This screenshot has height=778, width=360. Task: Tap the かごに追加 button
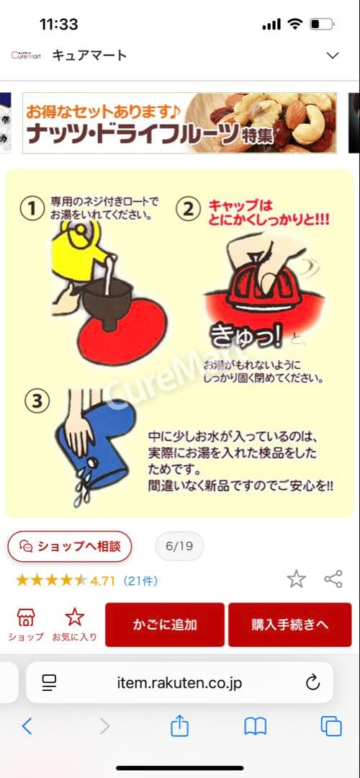pos(164,625)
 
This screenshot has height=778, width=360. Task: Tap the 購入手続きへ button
pos(290,625)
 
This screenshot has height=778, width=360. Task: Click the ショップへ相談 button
pos(70,546)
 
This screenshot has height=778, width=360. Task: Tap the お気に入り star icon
pos(74,617)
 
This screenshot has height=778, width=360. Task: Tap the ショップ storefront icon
pos(26,617)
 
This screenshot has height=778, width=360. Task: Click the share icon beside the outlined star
pos(333,578)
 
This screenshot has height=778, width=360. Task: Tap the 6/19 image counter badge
pos(179,546)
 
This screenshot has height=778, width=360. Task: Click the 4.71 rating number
pos(103,580)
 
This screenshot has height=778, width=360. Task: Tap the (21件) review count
pos(140,580)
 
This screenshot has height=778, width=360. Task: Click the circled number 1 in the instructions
pos(32,209)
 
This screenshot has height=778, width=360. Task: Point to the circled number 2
pos(189,209)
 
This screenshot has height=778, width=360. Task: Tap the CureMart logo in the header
pos(27,55)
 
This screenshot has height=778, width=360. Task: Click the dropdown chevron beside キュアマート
pos(332,55)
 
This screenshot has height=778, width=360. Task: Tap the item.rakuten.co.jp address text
pos(179,682)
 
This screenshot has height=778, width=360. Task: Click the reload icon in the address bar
pos(312,682)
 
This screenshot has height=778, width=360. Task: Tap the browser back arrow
pos(27,726)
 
